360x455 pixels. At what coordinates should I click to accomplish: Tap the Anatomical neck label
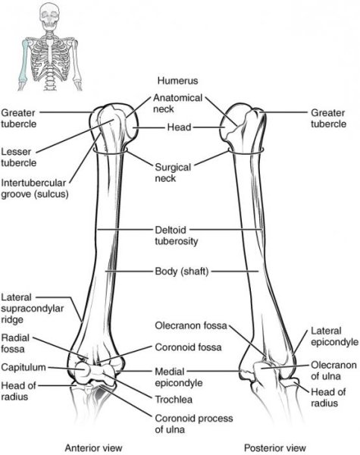[177, 104]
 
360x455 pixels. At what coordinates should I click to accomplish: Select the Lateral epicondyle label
[331, 337]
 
